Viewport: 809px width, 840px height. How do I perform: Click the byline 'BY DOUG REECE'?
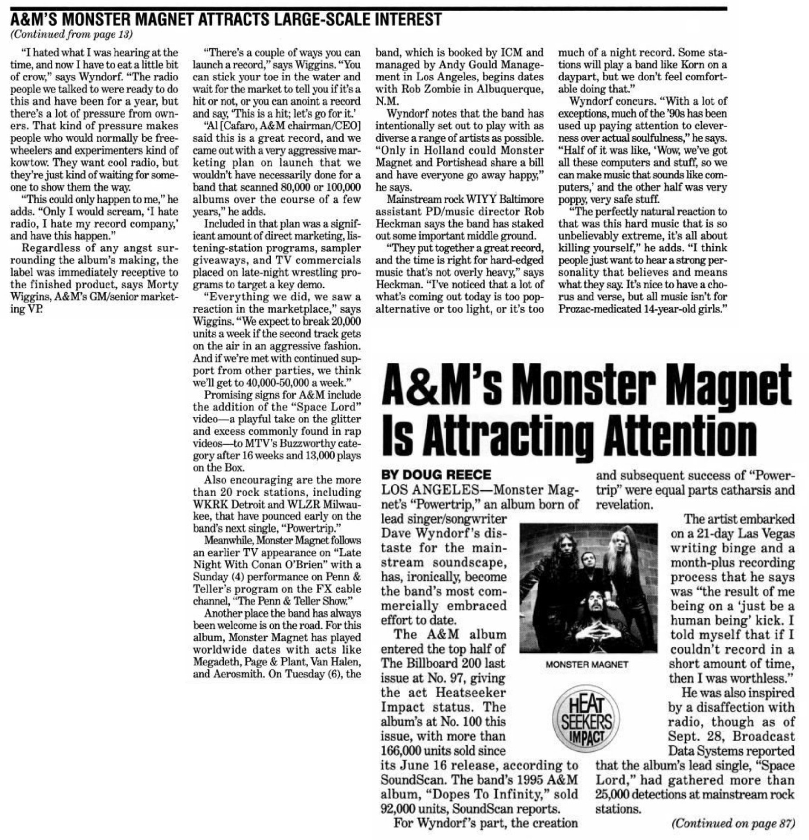[436, 475]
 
